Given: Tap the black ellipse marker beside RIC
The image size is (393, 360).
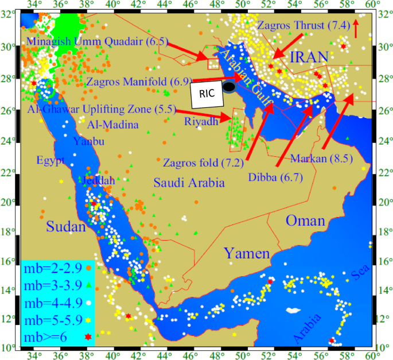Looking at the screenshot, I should [x=229, y=87].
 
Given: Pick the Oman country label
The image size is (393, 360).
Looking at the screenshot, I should [x=305, y=221].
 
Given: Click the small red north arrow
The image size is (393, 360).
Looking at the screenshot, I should [x=356, y=27].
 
